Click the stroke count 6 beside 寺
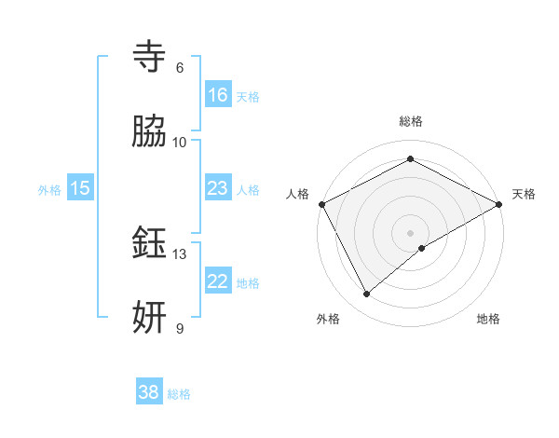(x=179, y=67)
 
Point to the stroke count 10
(x=180, y=142)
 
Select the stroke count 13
(x=180, y=253)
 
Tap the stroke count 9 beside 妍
(x=179, y=328)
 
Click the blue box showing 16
(x=217, y=95)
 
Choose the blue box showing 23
(x=217, y=188)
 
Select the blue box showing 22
(x=217, y=281)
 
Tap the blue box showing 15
(x=80, y=188)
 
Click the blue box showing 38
(x=148, y=392)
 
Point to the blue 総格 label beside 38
(x=179, y=394)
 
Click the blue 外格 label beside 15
(x=49, y=189)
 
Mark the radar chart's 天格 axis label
(x=524, y=194)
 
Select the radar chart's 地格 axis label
(x=488, y=319)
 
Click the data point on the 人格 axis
(x=321, y=203)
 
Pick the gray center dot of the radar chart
(x=410, y=232)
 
